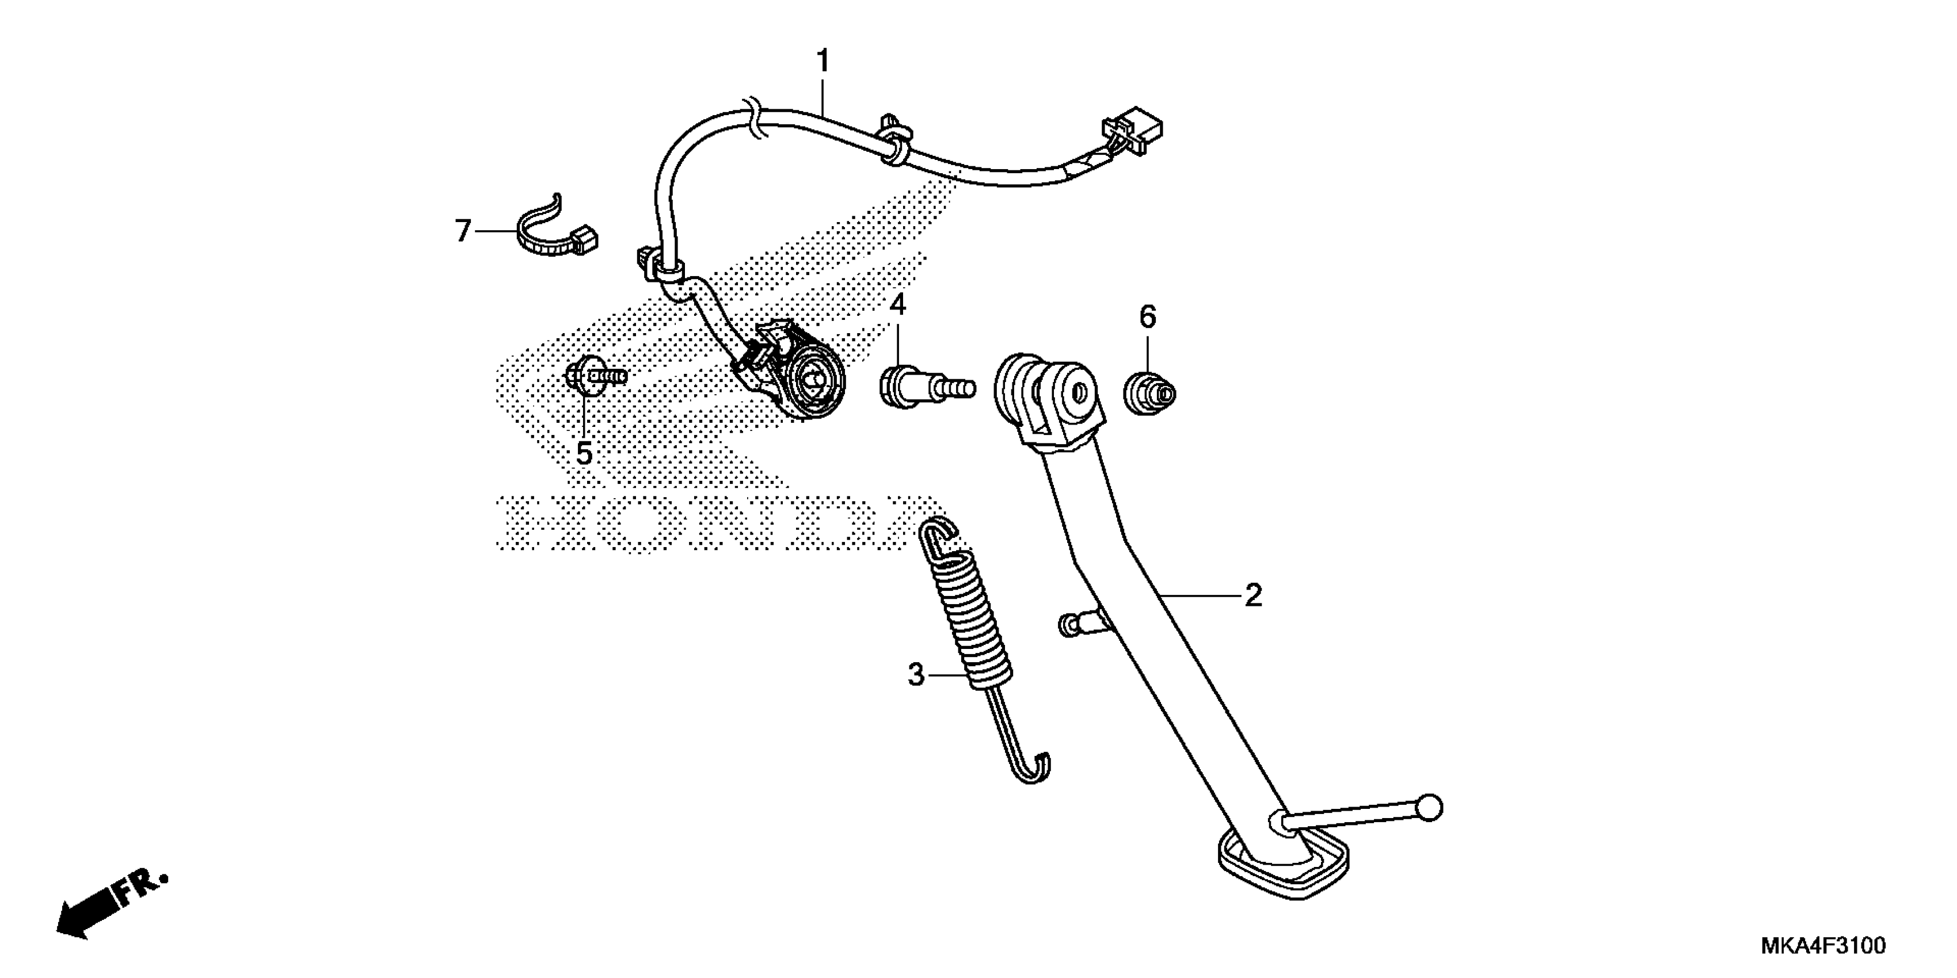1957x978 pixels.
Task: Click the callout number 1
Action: [x=823, y=61]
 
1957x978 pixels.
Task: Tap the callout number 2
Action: [x=1252, y=595]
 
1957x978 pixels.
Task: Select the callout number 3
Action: [x=916, y=674]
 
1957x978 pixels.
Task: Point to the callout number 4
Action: [x=898, y=305]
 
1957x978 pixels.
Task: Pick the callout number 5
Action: [x=584, y=454]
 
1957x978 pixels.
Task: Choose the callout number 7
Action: [x=463, y=230]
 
